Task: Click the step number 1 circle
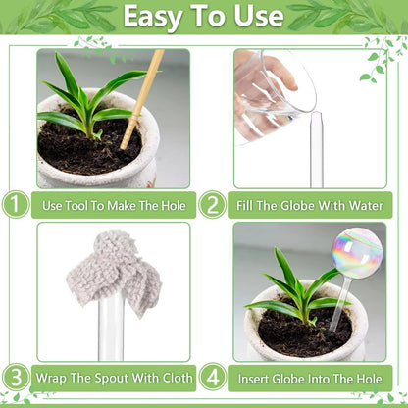click(x=15, y=205)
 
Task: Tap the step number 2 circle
click(x=213, y=205)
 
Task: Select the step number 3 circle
click(x=15, y=377)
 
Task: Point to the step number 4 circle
click(x=213, y=377)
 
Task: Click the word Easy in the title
click(x=161, y=17)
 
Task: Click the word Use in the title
click(x=258, y=17)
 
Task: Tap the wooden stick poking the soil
click(x=142, y=98)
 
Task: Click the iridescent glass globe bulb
click(x=357, y=253)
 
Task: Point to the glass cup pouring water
click(x=275, y=88)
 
